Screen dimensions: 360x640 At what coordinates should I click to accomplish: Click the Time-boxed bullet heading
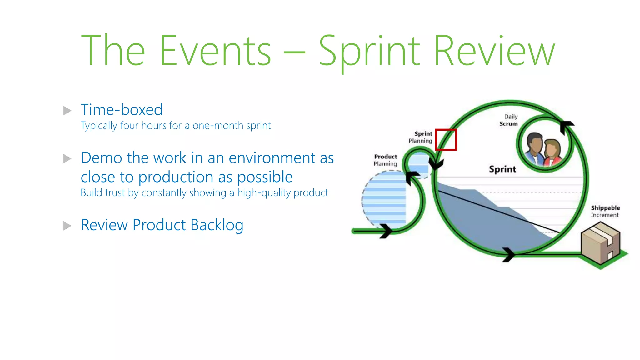(x=122, y=110)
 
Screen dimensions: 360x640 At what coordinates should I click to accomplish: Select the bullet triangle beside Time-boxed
(x=67, y=111)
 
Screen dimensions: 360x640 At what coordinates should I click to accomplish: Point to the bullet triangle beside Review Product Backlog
(x=67, y=226)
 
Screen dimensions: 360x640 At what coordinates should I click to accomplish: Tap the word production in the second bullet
(x=176, y=177)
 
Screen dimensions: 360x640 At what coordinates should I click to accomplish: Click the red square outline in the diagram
(x=446, y=140)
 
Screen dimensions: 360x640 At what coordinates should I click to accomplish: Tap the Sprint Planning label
(x=421, y=137)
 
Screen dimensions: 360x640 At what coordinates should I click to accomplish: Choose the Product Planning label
(x=385, y=160)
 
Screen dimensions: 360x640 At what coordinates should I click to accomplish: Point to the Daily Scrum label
(x=509, y=120)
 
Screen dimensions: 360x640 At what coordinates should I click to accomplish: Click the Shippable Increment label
(x=605, y=211)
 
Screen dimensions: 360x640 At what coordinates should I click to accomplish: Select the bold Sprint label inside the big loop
(x=502, y=169)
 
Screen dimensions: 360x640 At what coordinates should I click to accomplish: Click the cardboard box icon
(x=600, y=242)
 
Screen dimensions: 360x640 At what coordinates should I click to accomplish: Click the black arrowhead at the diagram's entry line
(x=386, y=231)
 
